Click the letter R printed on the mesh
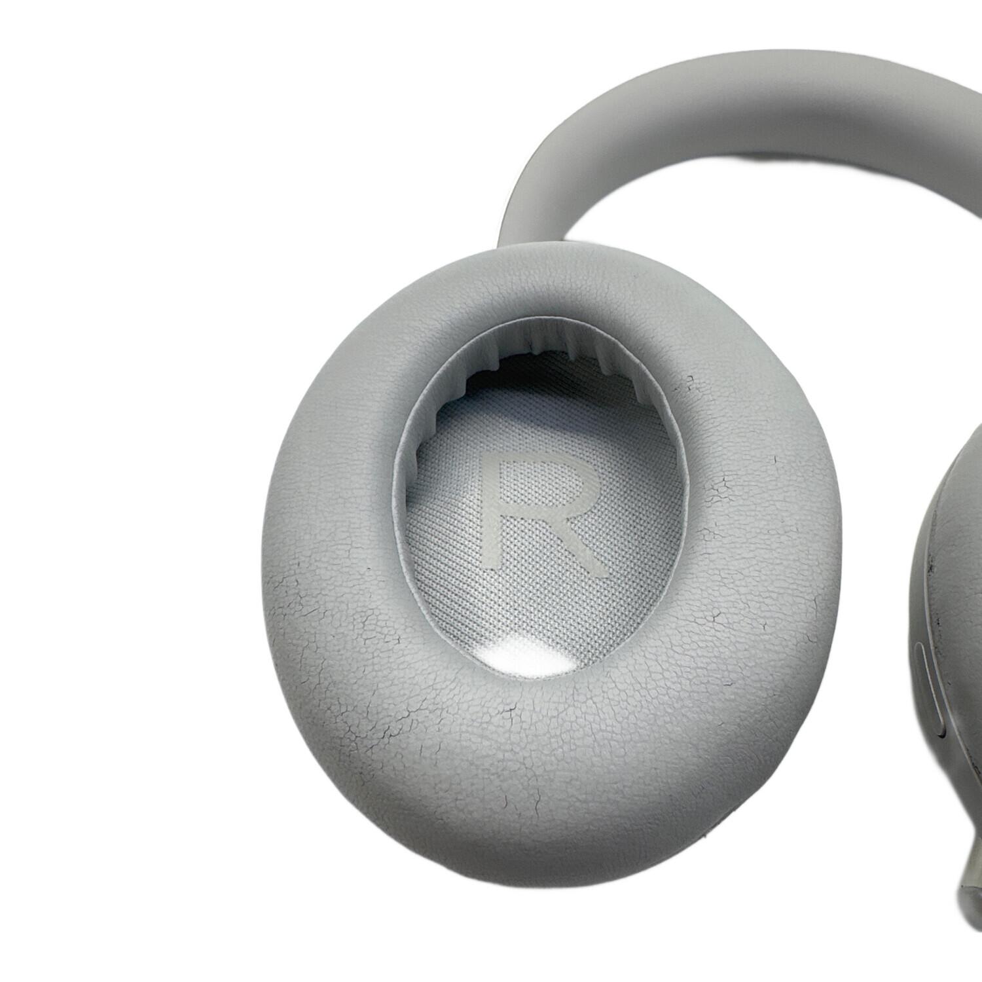click(534, 507)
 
